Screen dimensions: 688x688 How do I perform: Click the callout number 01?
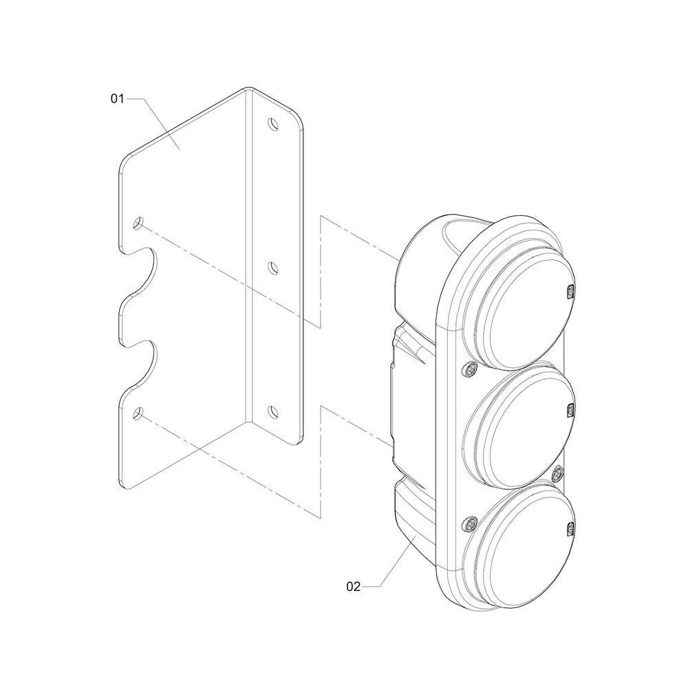pyautogui.click(x=117, y=98)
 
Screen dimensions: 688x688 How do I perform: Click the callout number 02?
pyautogui.click(x=353, y=586)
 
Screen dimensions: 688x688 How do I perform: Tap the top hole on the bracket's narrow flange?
pyautogui.click(x=274, y=124)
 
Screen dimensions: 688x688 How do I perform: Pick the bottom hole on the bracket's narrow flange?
pyautogui.click(x=273, y=411)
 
